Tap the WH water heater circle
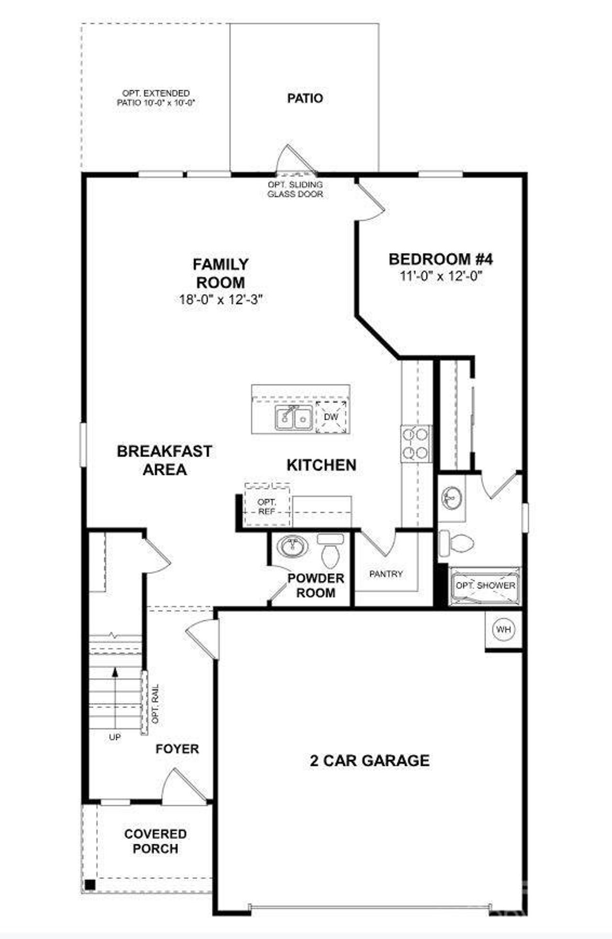pyautogui.click(x=503, y=630)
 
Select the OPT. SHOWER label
pyautogui.click(x=485, y=585)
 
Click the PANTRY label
pyautogui.click(x=386, y=574)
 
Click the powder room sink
pyautogui.click(x=292, y=547)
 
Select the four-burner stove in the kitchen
pyautogui.click(x=415, y=444)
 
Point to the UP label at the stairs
pyautogui.click(x=115, y=738)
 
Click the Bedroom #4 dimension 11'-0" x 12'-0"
pyautogui.click(x=440, y=276)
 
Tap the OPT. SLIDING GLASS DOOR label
pyautogui.click(x=295, y=189)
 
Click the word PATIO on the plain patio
pyautogui.click(x=305, y=99)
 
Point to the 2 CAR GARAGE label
pyautogui.click(x=370, y=761)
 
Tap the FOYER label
pyautogui.click(x=177, y=749)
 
